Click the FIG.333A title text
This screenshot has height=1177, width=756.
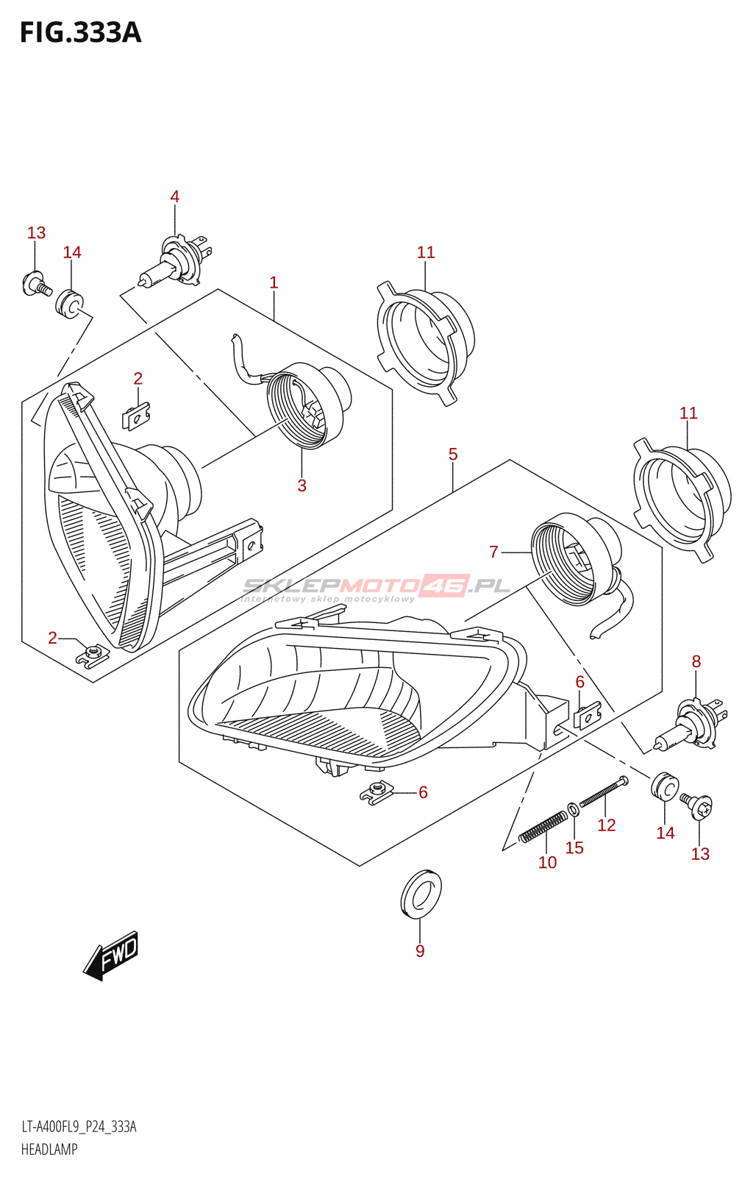(x=80, y=33)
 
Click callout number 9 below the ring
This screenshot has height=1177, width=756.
(x=420, y=950)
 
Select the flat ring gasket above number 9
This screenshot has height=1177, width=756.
(x=421, y=895)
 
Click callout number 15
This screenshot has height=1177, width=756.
(x=574, y=847)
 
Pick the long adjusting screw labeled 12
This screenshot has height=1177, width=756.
(x=604, y=792)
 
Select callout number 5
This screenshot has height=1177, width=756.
(x=453, y=455)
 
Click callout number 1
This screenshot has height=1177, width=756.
(x=274, y=282)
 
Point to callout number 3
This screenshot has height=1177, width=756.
(x=302, y=486)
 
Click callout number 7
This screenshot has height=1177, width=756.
(x=493, y=552)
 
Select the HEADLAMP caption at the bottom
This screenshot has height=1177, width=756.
(x=49, y=1149)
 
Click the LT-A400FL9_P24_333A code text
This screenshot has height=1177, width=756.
(x=79, y=1127)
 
